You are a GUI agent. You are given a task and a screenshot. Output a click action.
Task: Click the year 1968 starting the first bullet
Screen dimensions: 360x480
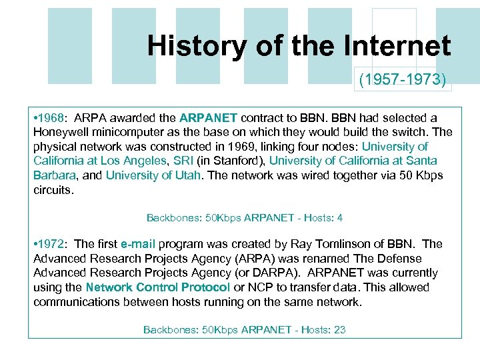[53, 118]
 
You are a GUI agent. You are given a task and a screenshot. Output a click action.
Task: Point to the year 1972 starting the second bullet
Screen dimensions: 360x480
[53, 244]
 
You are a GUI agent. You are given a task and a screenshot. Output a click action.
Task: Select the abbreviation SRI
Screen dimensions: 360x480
[182, 161]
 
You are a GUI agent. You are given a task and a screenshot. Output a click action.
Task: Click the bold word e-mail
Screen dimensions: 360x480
[138, 244]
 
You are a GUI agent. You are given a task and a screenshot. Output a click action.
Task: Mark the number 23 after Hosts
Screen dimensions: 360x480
[339, 329]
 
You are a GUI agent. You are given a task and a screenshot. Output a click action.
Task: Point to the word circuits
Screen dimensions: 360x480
[53, 189]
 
